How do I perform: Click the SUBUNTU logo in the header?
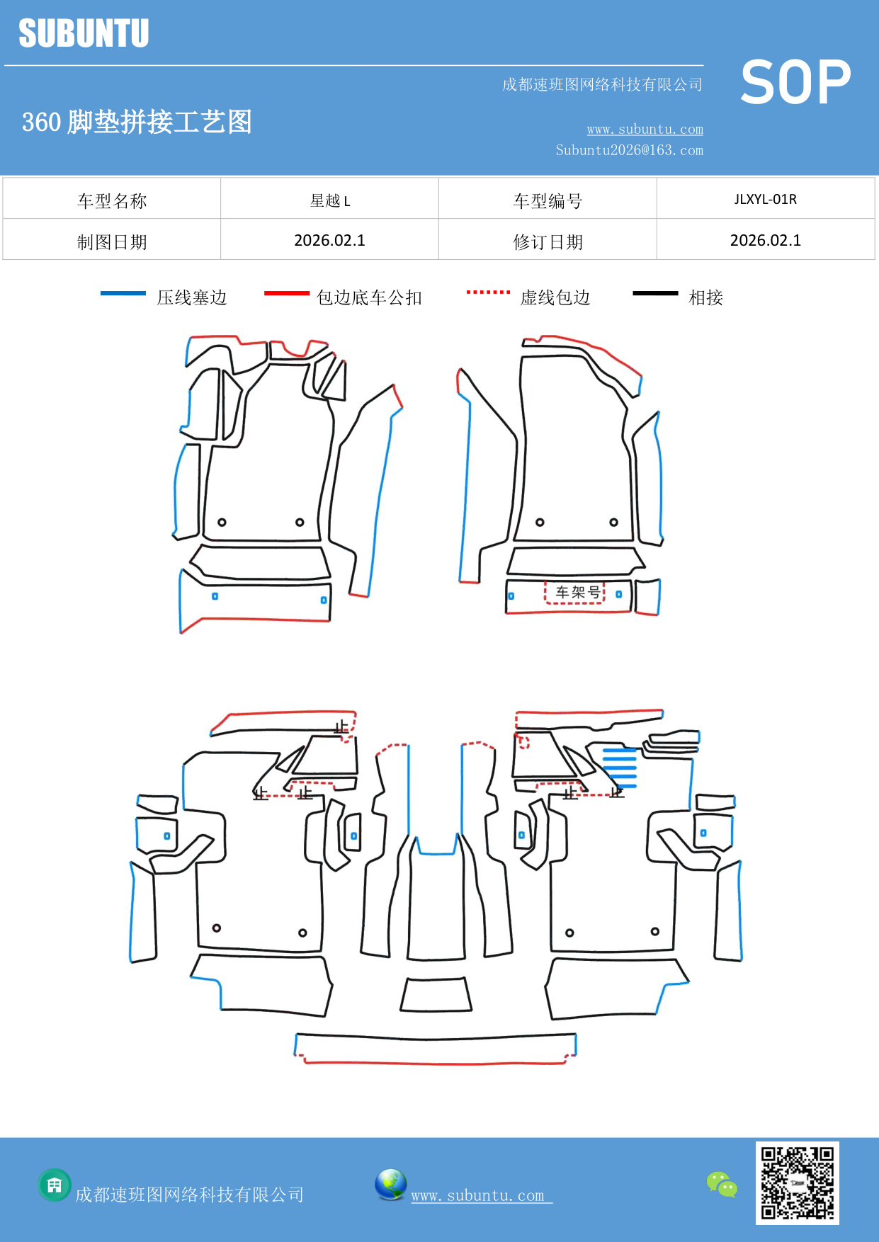click(x=84, y=33)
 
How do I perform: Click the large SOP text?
click(x=795, y=83)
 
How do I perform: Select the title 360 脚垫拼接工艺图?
click(x=137, y=122)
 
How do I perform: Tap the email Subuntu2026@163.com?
click(x=629, y=150)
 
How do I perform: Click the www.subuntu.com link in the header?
click(x=645, y=130)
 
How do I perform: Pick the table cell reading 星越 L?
click(x=329, y=200)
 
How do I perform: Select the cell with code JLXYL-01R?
click(x=765, y=200)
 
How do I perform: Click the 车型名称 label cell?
click(x=112, y=200)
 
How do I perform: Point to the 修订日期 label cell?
click(x=548, y=241)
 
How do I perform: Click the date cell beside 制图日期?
click(x=329, y=241)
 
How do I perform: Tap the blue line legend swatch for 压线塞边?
click(x=123, y=293)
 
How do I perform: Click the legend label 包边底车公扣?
click(x=369, y=297)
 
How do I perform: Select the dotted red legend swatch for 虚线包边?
click(x=488, y=292)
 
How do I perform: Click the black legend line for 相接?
click(x=655, y=293)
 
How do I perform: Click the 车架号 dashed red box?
click(x=575, y=592)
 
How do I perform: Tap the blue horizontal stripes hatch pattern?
click(x=620, y=768)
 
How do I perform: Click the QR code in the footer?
click(x=797, y=1183)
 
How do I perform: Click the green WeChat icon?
click(x=722, y=1184)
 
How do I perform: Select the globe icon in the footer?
click(x=390, y=1185)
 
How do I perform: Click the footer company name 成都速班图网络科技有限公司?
click(x=189, y=1195)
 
